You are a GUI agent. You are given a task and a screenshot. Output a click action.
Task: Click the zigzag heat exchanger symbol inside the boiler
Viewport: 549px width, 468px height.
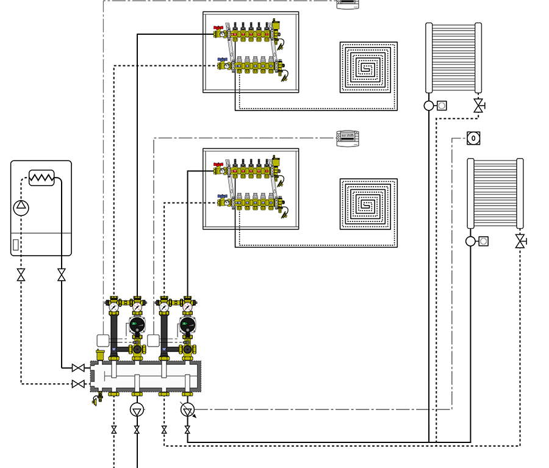pyautogui.click(x=41, y=178)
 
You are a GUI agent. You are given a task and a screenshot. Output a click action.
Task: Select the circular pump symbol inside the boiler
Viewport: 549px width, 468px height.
pyautogui.click(x=21, y=207)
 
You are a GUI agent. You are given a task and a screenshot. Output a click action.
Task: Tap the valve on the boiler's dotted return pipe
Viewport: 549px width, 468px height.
pyautogui.click(x=21, y=276)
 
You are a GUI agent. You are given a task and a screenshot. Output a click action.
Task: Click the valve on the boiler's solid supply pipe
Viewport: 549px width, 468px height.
pyautogui.click(x=61, y=276)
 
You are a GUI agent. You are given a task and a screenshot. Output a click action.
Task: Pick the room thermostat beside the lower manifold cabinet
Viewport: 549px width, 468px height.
pyautogui.click(x=348, y=139)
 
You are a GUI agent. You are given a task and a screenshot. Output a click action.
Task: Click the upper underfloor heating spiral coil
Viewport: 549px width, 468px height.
pyautogui.click(x=368, y=67)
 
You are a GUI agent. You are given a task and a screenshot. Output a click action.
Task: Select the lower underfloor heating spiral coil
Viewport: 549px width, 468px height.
pyautogui.click(x=368, y=204)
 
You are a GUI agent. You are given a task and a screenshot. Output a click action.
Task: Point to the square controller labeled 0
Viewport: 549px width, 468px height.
pyautogui.click(x=474, y=139)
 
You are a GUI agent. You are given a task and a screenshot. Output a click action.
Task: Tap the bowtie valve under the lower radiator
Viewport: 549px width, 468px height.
pyautogui.click(x=520, y=242)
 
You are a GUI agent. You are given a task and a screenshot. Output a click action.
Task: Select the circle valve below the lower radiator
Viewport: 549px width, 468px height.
pyautogui.click(x=470, y=241)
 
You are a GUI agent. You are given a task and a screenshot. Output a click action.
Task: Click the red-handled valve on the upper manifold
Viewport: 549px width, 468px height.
pyautogui.click(x=218, y=29)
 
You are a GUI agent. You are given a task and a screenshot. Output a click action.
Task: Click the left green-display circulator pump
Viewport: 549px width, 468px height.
pyautogui.click(x=138, y=325)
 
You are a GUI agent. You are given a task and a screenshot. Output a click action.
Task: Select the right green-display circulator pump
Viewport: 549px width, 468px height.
pyautogui.click(x=188, y=325)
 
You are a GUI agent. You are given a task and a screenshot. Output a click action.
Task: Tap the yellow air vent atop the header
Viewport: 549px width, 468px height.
pyautogui.click(x=101, y=354)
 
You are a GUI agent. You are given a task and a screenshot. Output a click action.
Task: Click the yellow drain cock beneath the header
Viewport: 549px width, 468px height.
pyautogui.click(x=97, y=400)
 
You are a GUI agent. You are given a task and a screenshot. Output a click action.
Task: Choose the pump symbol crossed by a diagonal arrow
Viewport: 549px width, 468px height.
pyautogui.click(x=187, y=409)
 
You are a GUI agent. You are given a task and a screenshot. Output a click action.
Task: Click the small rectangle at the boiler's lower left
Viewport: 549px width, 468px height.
pyautogui.click(x=16, y=245)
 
